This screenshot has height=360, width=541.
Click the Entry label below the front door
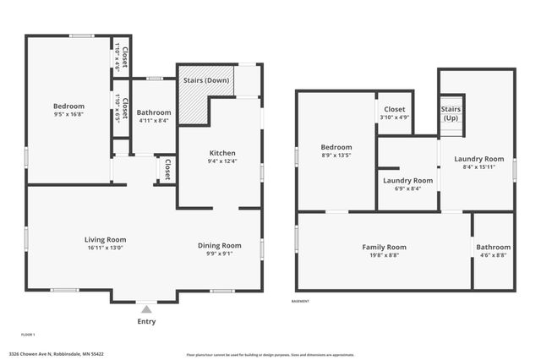tap(146, 322)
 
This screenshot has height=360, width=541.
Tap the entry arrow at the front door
tap(146, 309)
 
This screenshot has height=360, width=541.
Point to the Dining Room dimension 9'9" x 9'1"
tap(220, 254)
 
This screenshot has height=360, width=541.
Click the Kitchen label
tap(222, 153)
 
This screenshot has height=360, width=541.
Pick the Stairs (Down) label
tap(205, 80)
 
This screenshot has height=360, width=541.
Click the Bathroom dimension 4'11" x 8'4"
tap(154, 121)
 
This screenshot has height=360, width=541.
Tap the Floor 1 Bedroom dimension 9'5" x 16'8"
tap(68, 114)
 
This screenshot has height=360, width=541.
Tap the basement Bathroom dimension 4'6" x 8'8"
tap(493, 254)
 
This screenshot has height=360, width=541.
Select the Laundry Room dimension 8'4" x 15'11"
tap(478, 167)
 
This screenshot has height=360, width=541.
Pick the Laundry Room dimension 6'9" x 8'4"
tap(407, 188)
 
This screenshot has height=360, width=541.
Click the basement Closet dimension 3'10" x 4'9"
tap(394, 117)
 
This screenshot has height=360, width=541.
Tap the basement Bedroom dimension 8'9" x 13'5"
tap(336, 155)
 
